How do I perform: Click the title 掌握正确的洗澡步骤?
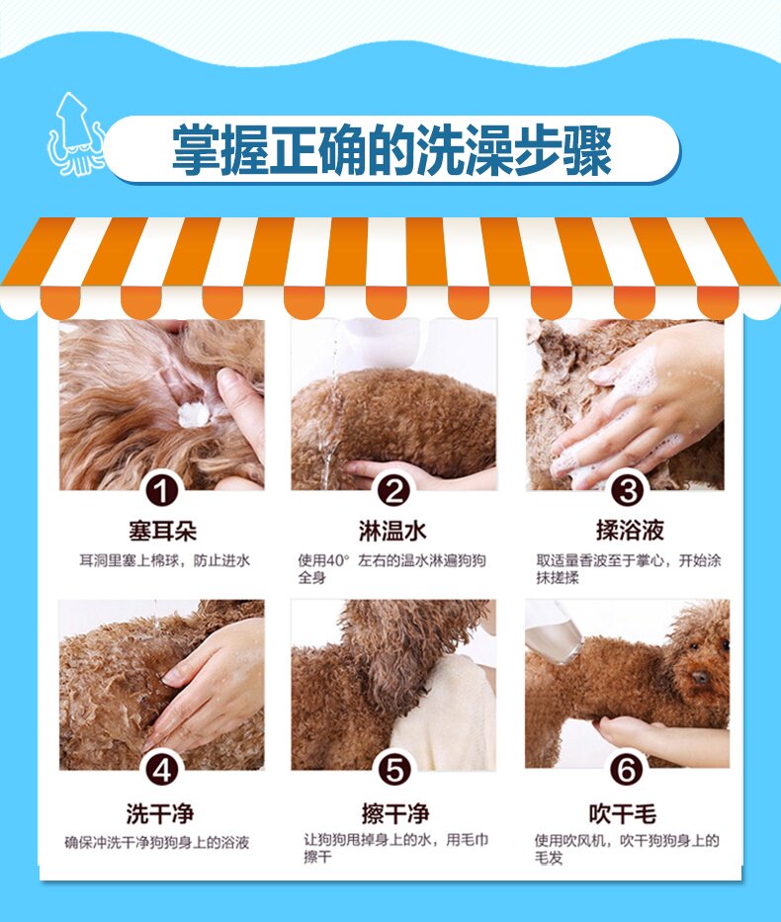pyautogui.click(x=391, y=150)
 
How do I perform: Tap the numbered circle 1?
pyautogui.click(x=162, y=490)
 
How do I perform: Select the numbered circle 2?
pyautogui.click(x=393, y=490)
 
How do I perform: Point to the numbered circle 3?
pyautogui.click(x=628, y=490)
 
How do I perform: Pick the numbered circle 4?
pyautogui.click(x=162, y=770)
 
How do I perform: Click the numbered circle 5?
pyautogui.click(x=393, y=770)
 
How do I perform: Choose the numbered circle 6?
pyautogui.click(x=627, y=769)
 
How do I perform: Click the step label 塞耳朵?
pyautogui.click(x=162, y=531)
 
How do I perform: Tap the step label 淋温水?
pyautogui.click(x=392, y=531)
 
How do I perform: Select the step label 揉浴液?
pyautogui.click(x=630, y=531)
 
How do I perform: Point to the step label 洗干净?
pyautogui.click(x=160, y=814)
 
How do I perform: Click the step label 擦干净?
pyautogui.click(x=395, y=814)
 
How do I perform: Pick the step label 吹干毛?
pyautogui.click(x=622, y=814)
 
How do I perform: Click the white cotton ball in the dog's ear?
pyautogui.click(x=194, y=414)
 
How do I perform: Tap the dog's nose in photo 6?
pyautogui.click(x=700, y=677)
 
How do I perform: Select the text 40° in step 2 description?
pyautogui.click(x=338, y=560)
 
